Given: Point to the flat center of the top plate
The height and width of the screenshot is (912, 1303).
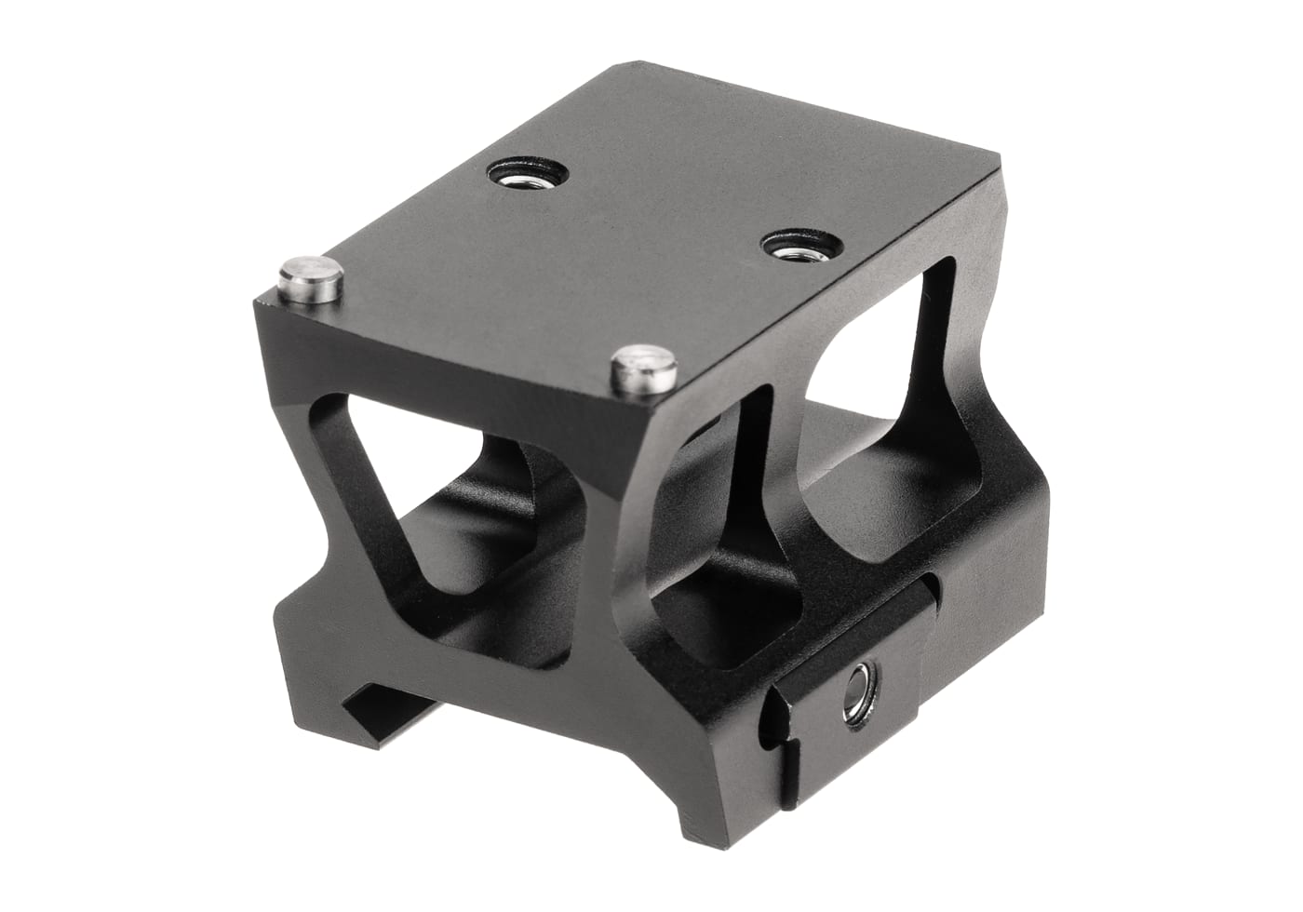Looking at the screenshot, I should point(633,242).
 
